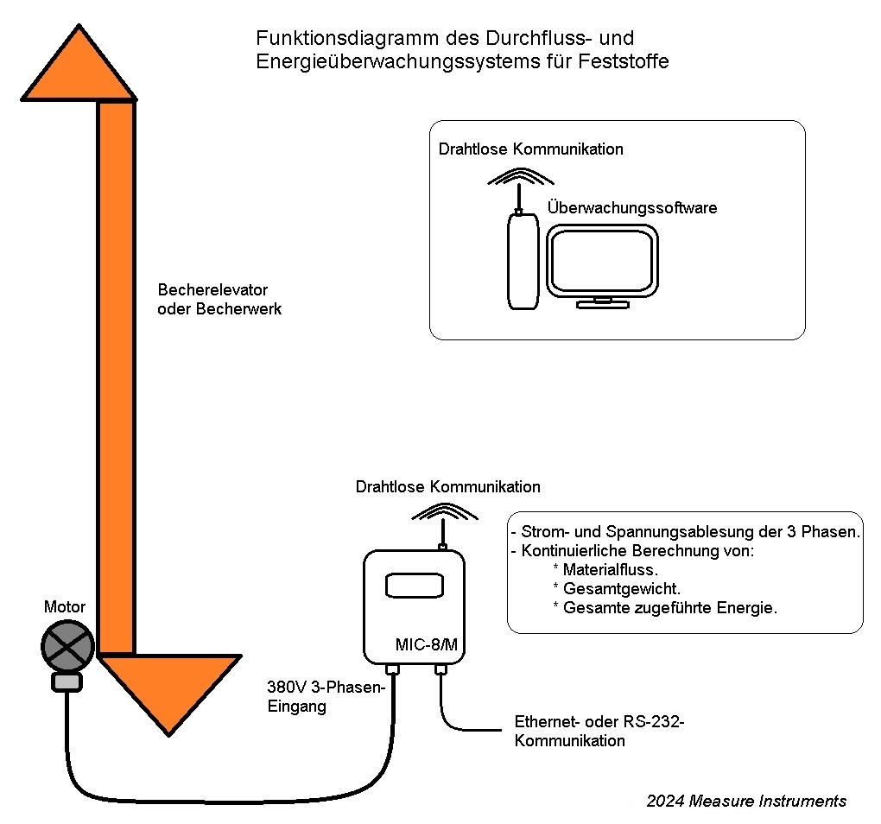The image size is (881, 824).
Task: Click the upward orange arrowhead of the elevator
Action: (79, 69)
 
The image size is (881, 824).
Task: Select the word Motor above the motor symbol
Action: (65, 607)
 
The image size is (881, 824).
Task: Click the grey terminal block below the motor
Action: (67, 682)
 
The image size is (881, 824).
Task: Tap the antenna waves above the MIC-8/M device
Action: (444, 514)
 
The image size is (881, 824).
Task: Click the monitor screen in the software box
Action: (603, 261)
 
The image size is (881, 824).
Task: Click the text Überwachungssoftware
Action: (632, 208)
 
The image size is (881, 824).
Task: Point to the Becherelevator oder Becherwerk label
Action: (219, 299)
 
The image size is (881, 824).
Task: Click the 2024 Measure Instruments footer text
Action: (746, 801)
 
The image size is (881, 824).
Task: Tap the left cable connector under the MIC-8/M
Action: (393, 669)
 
